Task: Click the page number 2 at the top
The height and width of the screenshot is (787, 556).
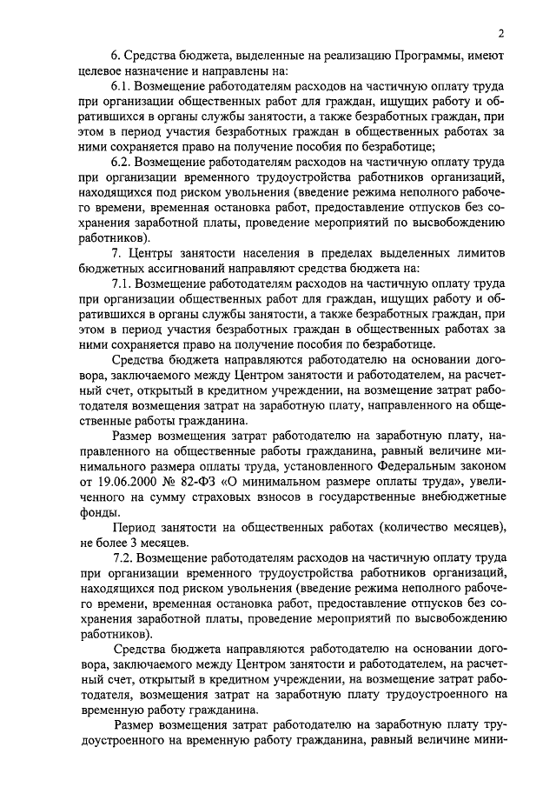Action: click(501, 34)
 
